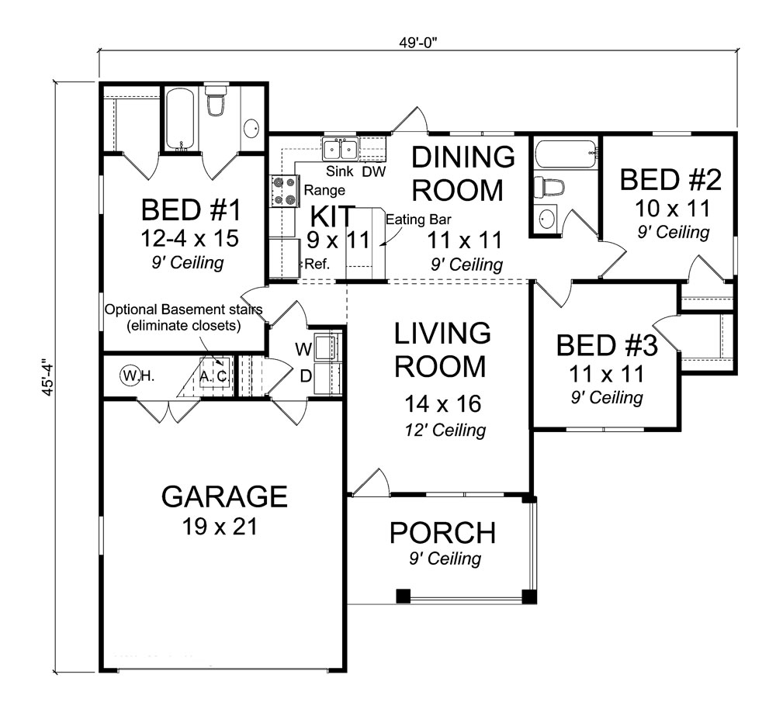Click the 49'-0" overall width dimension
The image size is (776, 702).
(418, 43)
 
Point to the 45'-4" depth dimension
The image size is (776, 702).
(47, 376)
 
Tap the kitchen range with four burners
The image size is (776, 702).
(285, 192)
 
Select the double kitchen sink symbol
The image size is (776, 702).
(341, 149)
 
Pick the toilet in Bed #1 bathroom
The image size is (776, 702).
(215, 100)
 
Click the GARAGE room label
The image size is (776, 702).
(224, 496)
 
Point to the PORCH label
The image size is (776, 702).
(442, 533)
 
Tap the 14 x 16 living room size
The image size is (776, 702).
(442, 403)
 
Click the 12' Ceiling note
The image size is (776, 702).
(445, 430)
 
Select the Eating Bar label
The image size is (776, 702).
(418, 220)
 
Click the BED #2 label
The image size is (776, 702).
(670, 180)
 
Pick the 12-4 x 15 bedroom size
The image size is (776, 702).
(189, 238)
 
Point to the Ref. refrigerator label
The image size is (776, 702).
(317, 264)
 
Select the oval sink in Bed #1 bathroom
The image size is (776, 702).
(251, 128)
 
